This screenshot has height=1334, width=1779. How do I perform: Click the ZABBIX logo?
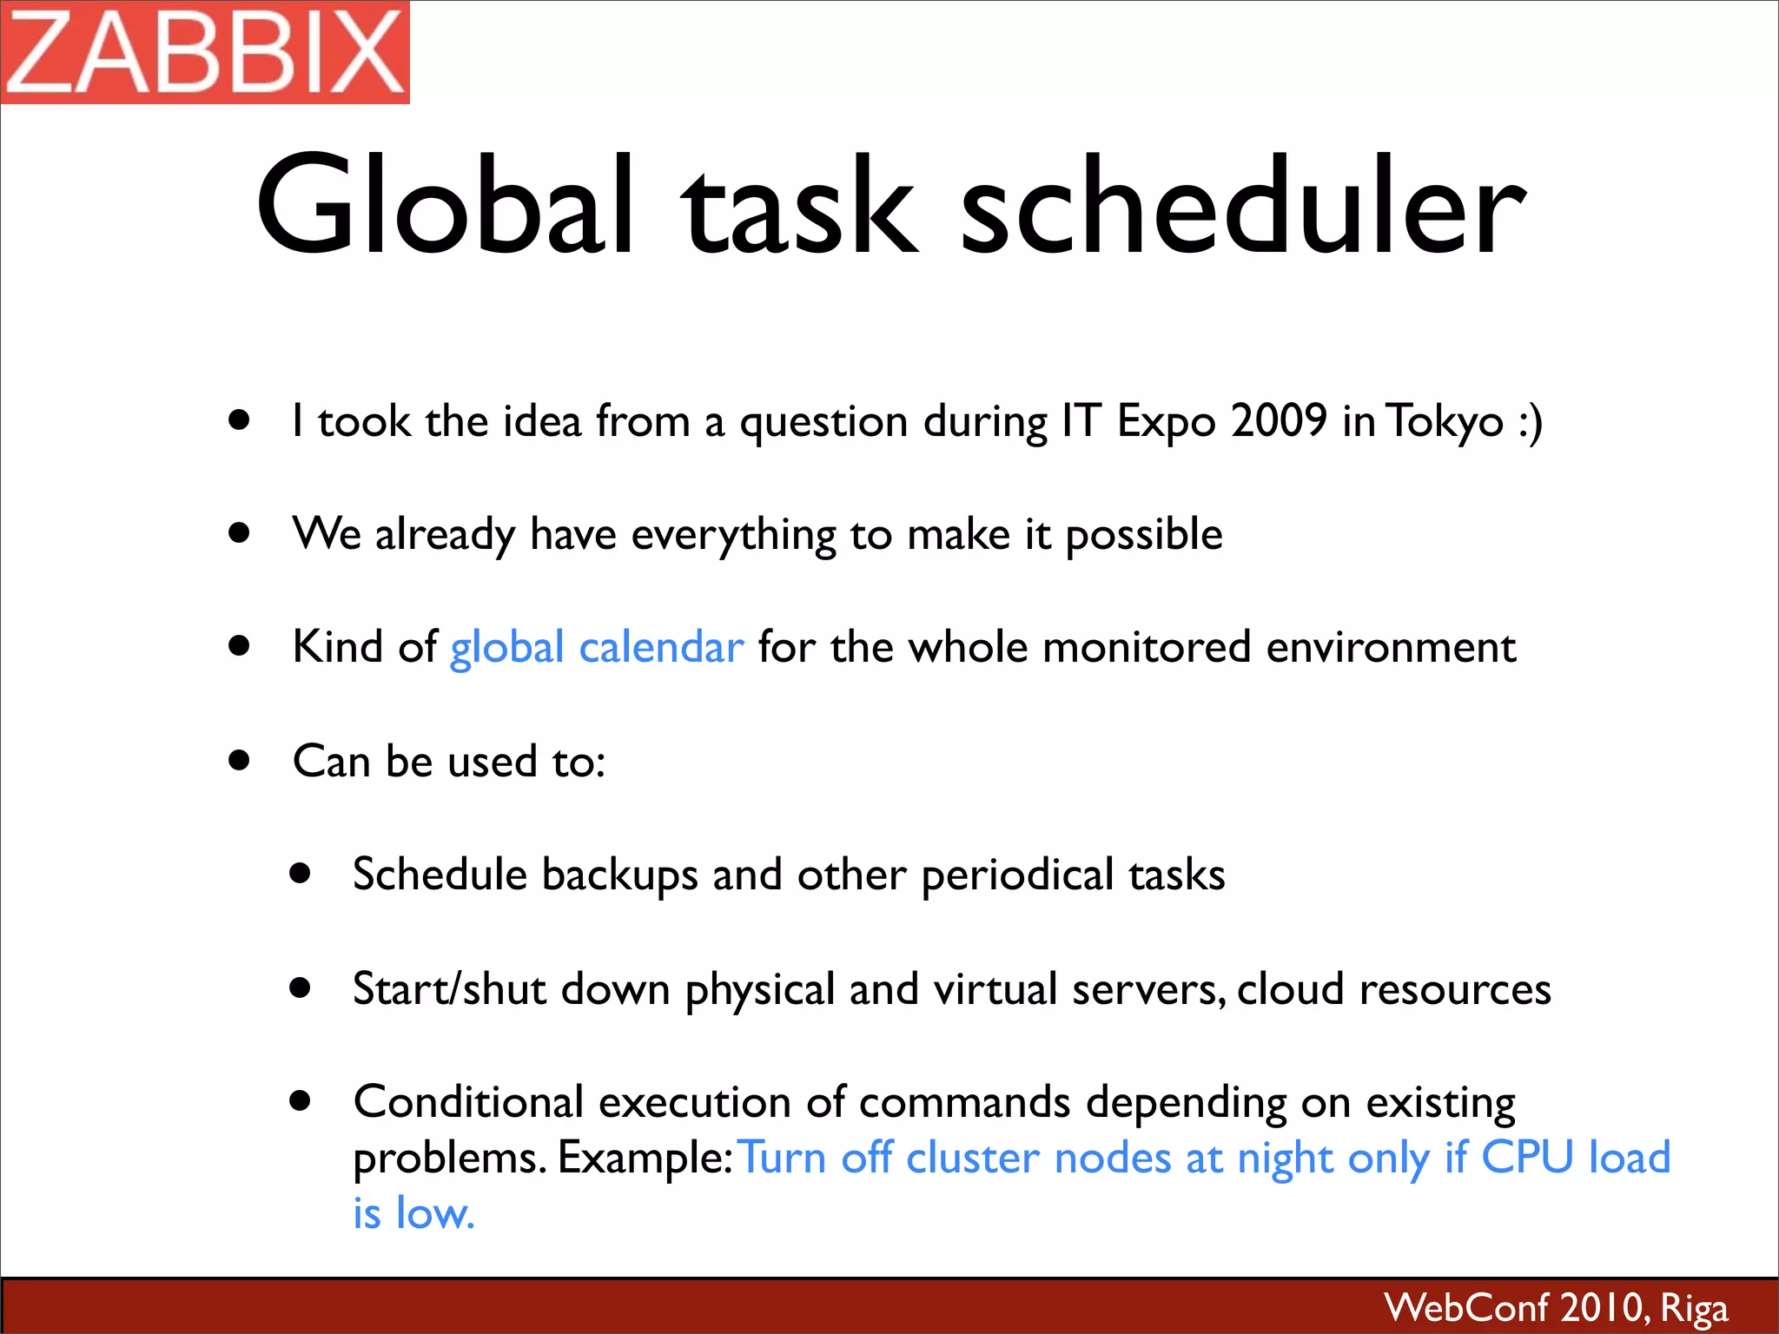pyautogui.click(x=205, y=52)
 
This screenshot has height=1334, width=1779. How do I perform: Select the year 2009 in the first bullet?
pyautogui.click(x=1279, y=421)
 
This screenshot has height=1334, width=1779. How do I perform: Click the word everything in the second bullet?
pyautogui.click(x=733, y=535)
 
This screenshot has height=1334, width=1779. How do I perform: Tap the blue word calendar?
pyautogui.click(x=661, y=647)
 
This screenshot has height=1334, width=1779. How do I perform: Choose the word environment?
pyautogui.click(x=1391, y=648)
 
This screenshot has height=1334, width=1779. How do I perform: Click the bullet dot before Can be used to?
pyautogui.click(x=240, y=761)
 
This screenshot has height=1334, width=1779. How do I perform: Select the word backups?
pyautogui.click(x=619, y=875)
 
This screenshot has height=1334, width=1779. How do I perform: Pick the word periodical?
pyautogui.click(x=1017, y=875)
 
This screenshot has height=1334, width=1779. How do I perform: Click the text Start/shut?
pyautogui.click(x=449, y=989)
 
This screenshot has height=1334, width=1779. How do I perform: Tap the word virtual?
pyautogui.click(x=995, y=989)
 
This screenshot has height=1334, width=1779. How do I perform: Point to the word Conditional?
pyautogui.click(x=468, y=1102)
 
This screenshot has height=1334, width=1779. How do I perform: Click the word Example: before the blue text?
pyautogui.click(x=645, y=1159)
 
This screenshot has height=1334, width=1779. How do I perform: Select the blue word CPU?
pyautogui.click(x=1526, y=1158)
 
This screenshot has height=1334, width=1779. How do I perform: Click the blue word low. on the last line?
pyautogui.click(x=435, y=1213)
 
